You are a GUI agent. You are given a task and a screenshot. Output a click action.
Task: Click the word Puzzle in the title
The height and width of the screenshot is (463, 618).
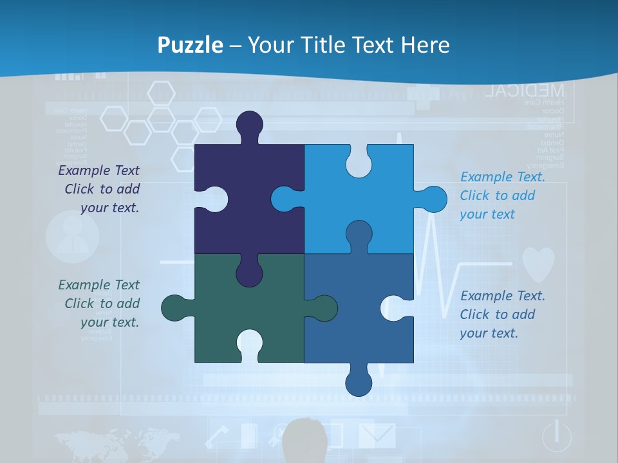pyautogui.click(x=191, y=45)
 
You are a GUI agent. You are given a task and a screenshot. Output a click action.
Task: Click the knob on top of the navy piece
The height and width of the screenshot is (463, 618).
pyautogui.click(x=249, y=125)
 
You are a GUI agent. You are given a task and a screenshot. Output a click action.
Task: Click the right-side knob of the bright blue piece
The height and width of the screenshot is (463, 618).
pyautogui.click(x=433, y=199)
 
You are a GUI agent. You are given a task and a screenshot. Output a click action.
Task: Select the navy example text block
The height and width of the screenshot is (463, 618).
pyautogui.click(x=100, y=189)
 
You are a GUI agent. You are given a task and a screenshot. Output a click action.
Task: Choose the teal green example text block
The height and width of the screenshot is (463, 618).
pyautogui.click(x=100, y=304)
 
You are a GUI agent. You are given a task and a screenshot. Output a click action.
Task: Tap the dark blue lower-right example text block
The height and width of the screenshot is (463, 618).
pyautogui.click(x=501, y=314)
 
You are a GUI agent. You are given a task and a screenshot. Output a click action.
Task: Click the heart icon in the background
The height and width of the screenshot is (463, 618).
pyautogui.click(x=538, y=264)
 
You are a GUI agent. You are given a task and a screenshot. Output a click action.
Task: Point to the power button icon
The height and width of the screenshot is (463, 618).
pyautogui.click(x=556, y=437)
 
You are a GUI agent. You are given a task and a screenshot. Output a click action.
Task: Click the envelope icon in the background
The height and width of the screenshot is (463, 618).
pyautogui.click(x=377, y=435)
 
